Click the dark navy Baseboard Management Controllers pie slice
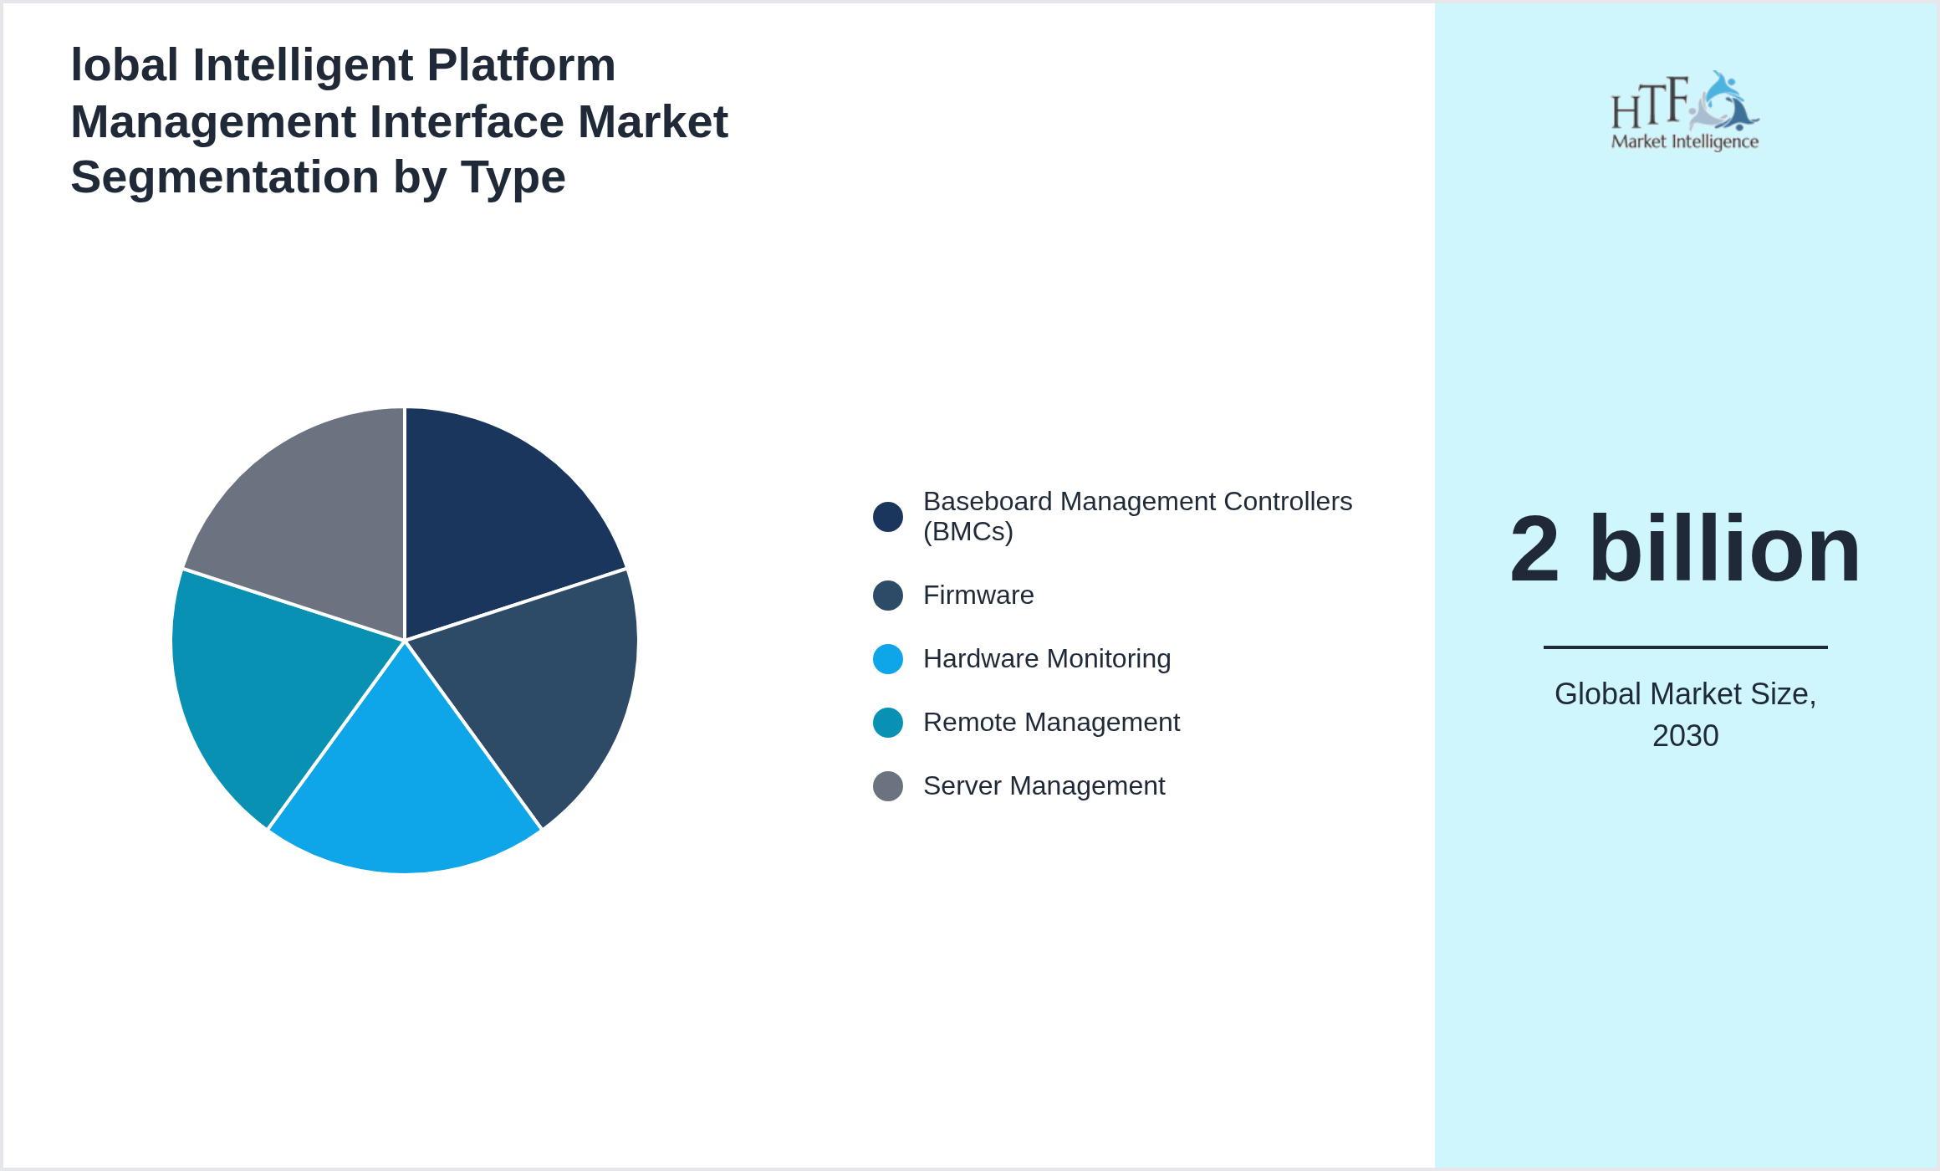tap(493, 519)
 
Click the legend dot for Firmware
tap(887, 596)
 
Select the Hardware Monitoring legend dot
tap(887, 659)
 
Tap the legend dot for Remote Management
tap(887, 723)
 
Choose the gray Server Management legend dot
tap(887, 786)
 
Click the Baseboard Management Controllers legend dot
tap(887, 517)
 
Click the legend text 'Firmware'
tap(978, 596)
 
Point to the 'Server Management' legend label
tap(1044, 786)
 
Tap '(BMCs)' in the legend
tap(967, 532)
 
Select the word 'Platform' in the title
tap(521, 65)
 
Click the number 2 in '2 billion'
tap(1534, 550)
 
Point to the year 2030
tap(1685, 736)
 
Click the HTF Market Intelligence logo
tap(1685, 111)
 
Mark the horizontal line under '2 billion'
tap(1685, 647)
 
